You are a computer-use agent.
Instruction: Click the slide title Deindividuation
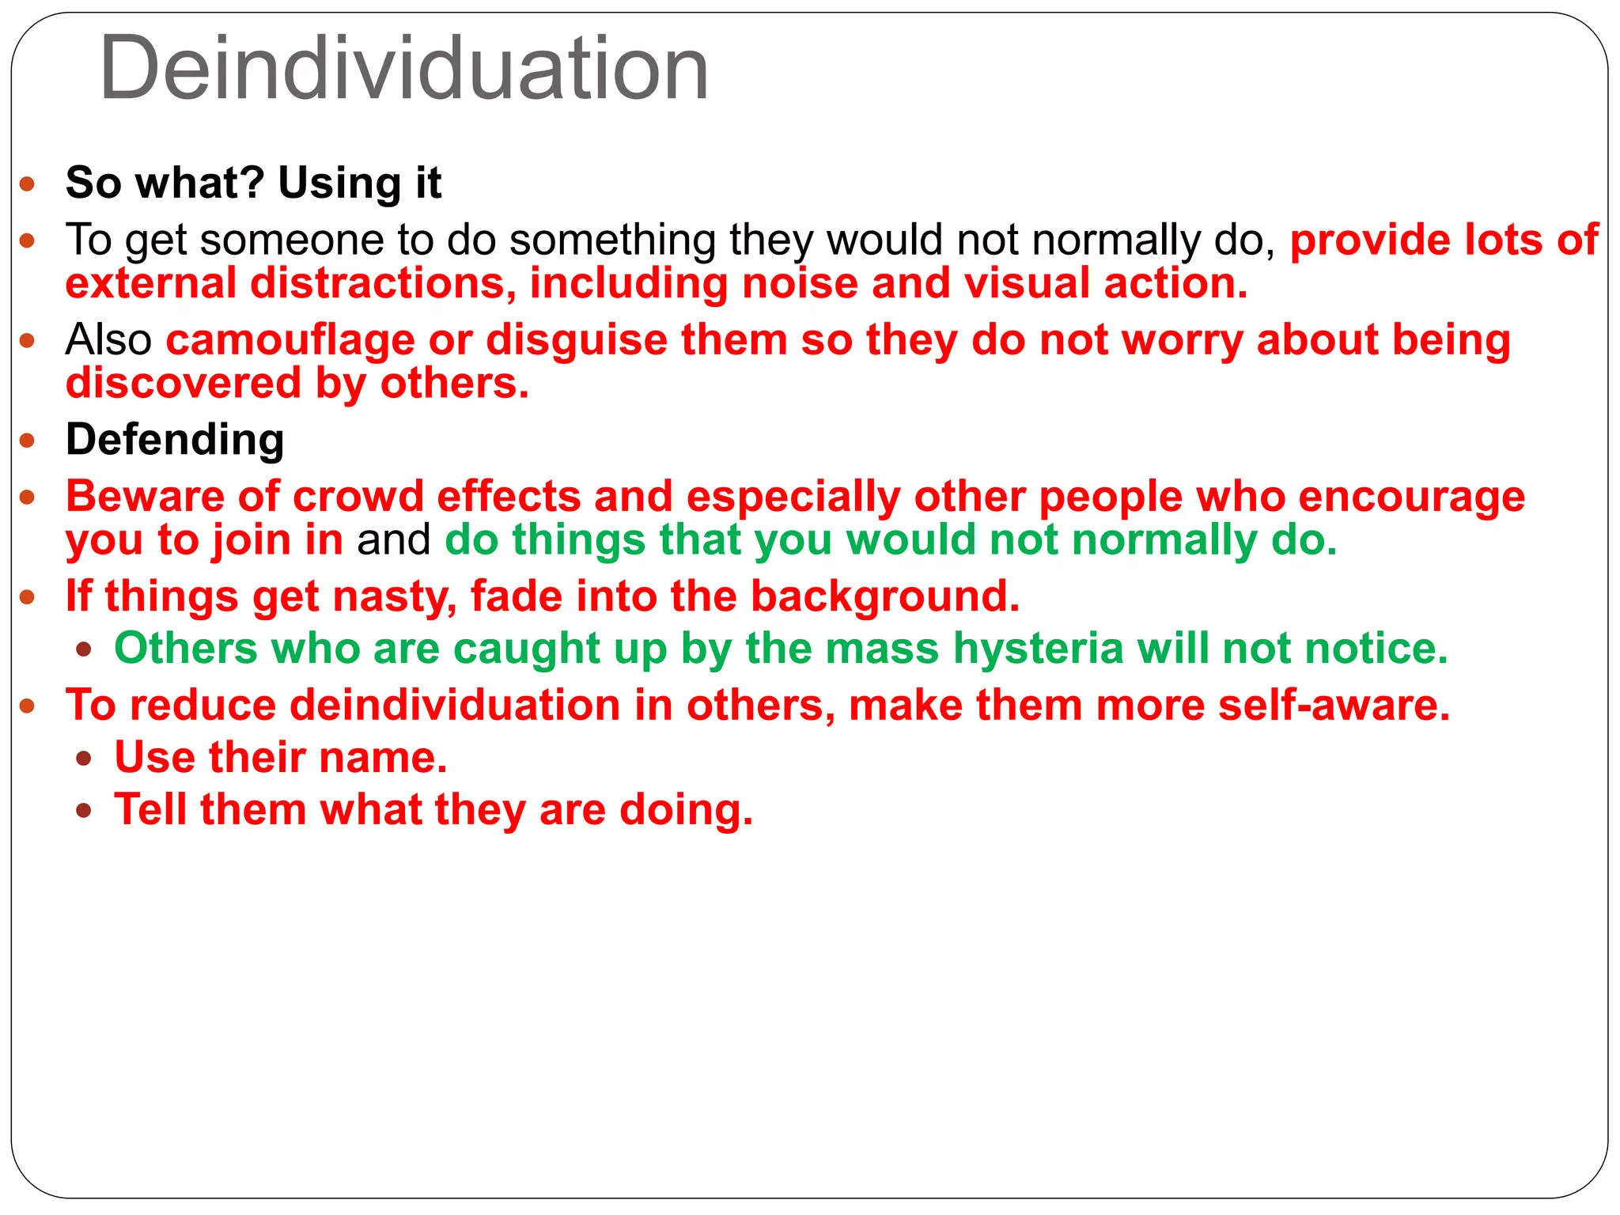pos(403,70)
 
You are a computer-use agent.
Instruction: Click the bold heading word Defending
pos(175,439)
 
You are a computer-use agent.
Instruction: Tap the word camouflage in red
pos(290,340)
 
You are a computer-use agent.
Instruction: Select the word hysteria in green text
pos(1038,649)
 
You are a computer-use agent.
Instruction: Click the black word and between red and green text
pos(393,540)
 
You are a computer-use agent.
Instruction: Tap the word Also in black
pos(108,340)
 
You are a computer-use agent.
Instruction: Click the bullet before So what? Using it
pos(28,185)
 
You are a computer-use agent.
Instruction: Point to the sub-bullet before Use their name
pos(84,759)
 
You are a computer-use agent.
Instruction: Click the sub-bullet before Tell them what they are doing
pos(84,812)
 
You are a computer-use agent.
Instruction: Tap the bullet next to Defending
pos(28,441)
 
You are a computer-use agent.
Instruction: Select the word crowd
pos(358,497)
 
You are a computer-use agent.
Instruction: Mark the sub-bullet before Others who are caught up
pos(84,651)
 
